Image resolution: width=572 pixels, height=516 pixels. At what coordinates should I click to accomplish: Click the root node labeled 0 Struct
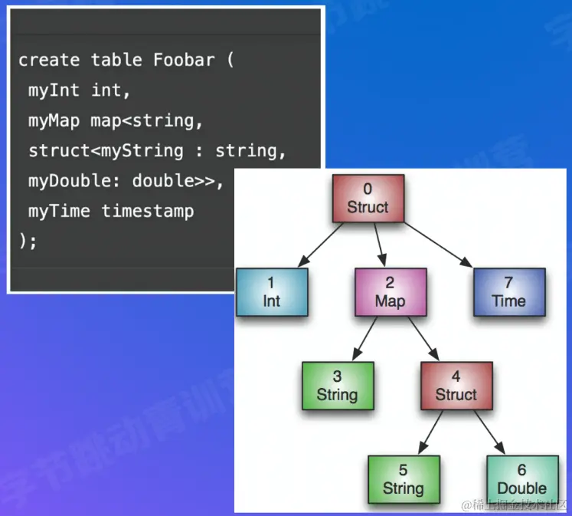pyautogui.click(x=368, y=198)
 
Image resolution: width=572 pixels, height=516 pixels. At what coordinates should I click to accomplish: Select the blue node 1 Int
pyautogui.click(x=272, y=292)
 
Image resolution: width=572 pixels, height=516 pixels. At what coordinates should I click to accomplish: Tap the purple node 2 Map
pyautogui.click(x=390, y=292)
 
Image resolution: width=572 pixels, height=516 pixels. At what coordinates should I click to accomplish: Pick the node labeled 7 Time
pyautogui.click(x=509, y=292)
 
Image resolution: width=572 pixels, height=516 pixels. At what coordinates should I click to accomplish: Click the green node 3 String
pyautogui.click(x=337, y=386)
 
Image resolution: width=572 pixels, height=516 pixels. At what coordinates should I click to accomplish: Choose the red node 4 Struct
pyautogui.click(x=456, y=386)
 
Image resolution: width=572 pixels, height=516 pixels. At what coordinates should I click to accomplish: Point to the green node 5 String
pyautogui.click(x=404, y=480)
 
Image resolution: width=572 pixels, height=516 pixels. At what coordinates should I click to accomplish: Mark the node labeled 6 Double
pyautogui.click(x=522, y=480)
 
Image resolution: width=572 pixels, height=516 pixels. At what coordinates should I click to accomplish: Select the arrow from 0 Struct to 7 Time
pyautogui.click(x=440, y=244)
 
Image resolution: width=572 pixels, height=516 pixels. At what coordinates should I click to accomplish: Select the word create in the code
pyautogui.click(x=49, y=60)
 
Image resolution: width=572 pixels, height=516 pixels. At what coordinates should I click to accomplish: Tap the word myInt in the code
pyautogui.click(x=54, y=90)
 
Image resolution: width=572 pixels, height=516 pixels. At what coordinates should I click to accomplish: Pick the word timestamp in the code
pyautogui.click(x=148, y=211)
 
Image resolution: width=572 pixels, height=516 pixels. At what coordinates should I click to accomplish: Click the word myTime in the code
pyautogui.click(x=59, y=211)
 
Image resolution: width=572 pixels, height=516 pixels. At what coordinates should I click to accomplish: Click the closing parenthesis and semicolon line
pyautogui.click(x=28, y=240)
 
